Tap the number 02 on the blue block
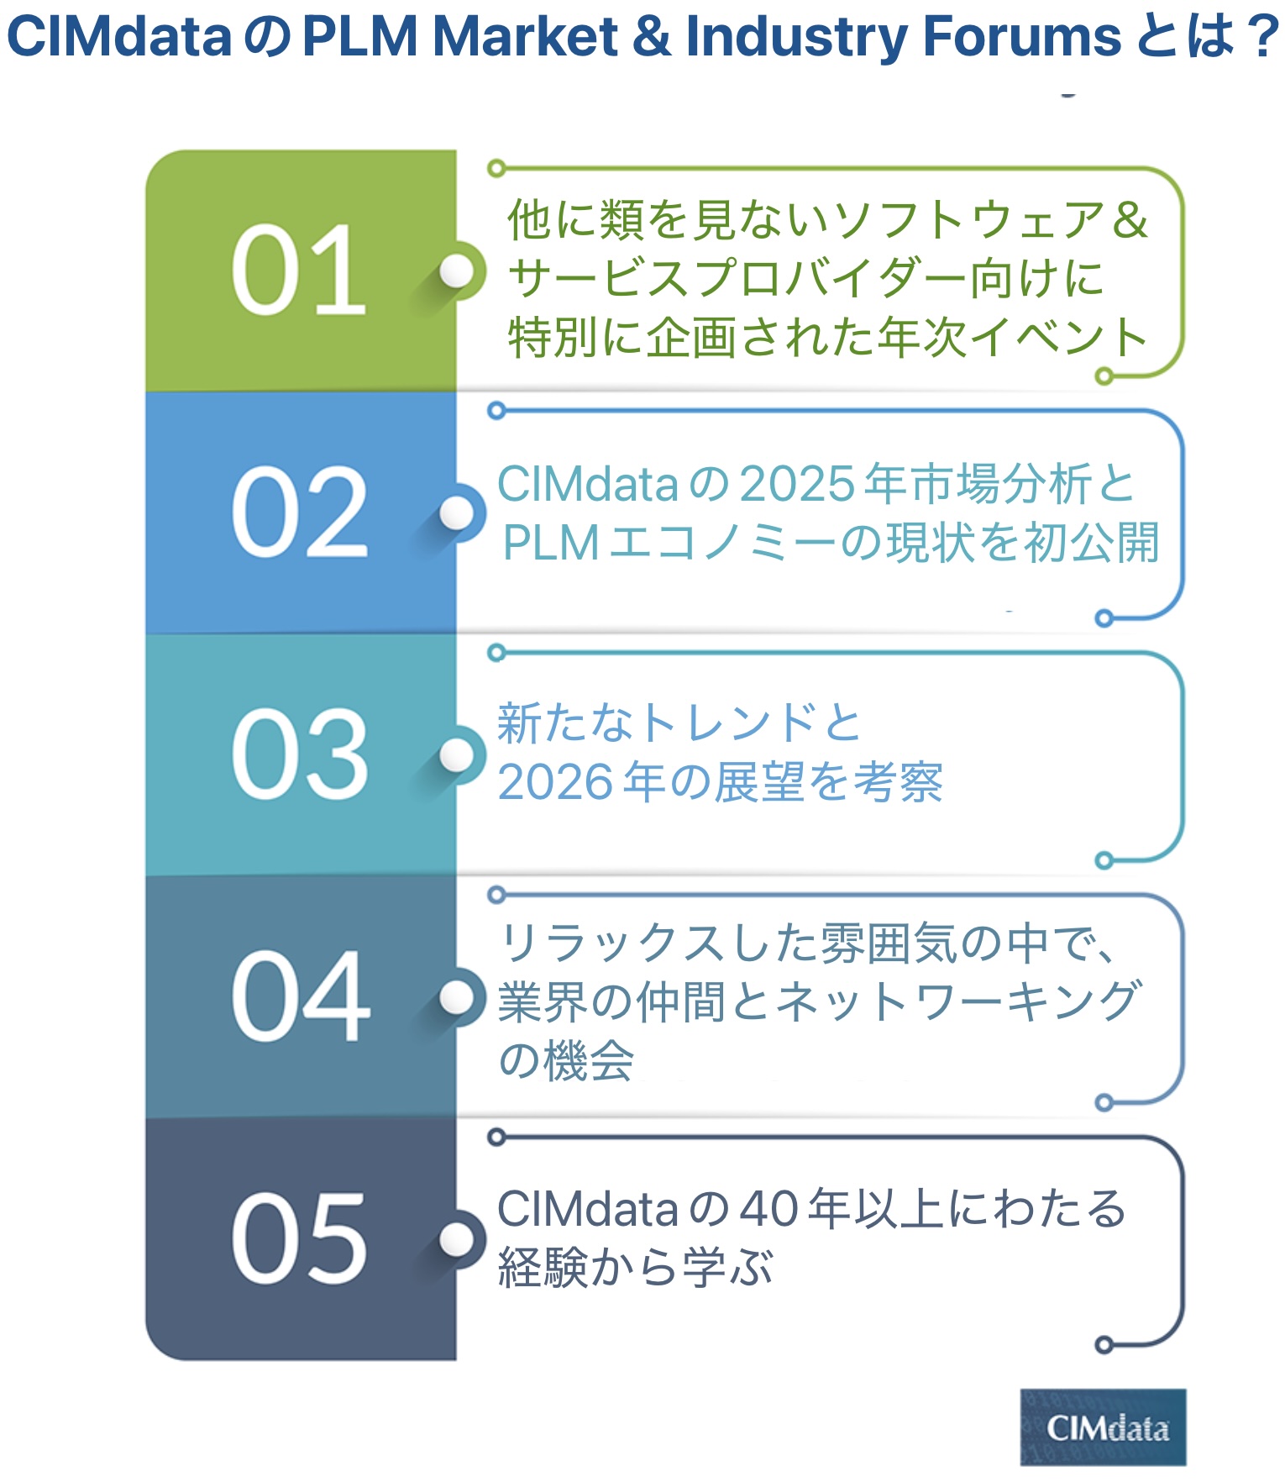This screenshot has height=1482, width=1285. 299,512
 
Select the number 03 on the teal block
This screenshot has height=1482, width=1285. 299,754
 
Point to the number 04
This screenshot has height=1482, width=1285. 300,996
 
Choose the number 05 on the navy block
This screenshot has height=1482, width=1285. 299,1238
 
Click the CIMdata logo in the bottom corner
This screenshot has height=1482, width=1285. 1103,1427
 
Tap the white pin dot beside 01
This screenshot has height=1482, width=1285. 457,271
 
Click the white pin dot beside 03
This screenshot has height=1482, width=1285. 457,754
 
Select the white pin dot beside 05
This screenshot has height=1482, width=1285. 457,1238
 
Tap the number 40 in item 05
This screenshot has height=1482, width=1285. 768,1210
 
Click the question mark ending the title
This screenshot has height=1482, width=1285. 1262,37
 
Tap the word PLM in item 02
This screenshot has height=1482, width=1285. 550,544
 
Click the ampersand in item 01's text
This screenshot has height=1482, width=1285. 1129,220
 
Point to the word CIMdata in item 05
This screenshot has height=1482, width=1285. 587,1210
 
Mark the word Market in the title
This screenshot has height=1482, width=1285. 525,37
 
